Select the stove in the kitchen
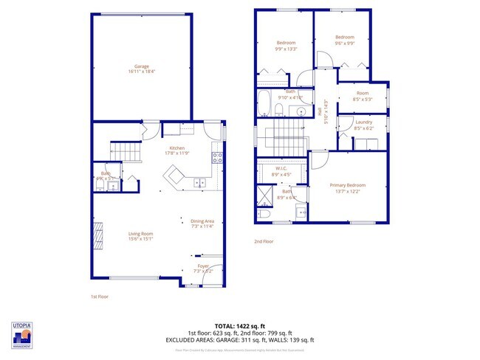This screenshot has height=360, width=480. [x=217, y=156]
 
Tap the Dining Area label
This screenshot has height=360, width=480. [x=202, y=224]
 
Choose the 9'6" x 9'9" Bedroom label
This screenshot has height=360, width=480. [x=344, y=40]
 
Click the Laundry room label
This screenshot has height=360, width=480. [x=363, y=124]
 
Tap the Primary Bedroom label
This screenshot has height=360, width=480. [x=347, y=187]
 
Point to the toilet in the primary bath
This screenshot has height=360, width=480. [x=264, y=214]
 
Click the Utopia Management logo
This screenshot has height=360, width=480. [x=22, y=335]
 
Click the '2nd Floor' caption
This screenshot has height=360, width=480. [x=264, y=241]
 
